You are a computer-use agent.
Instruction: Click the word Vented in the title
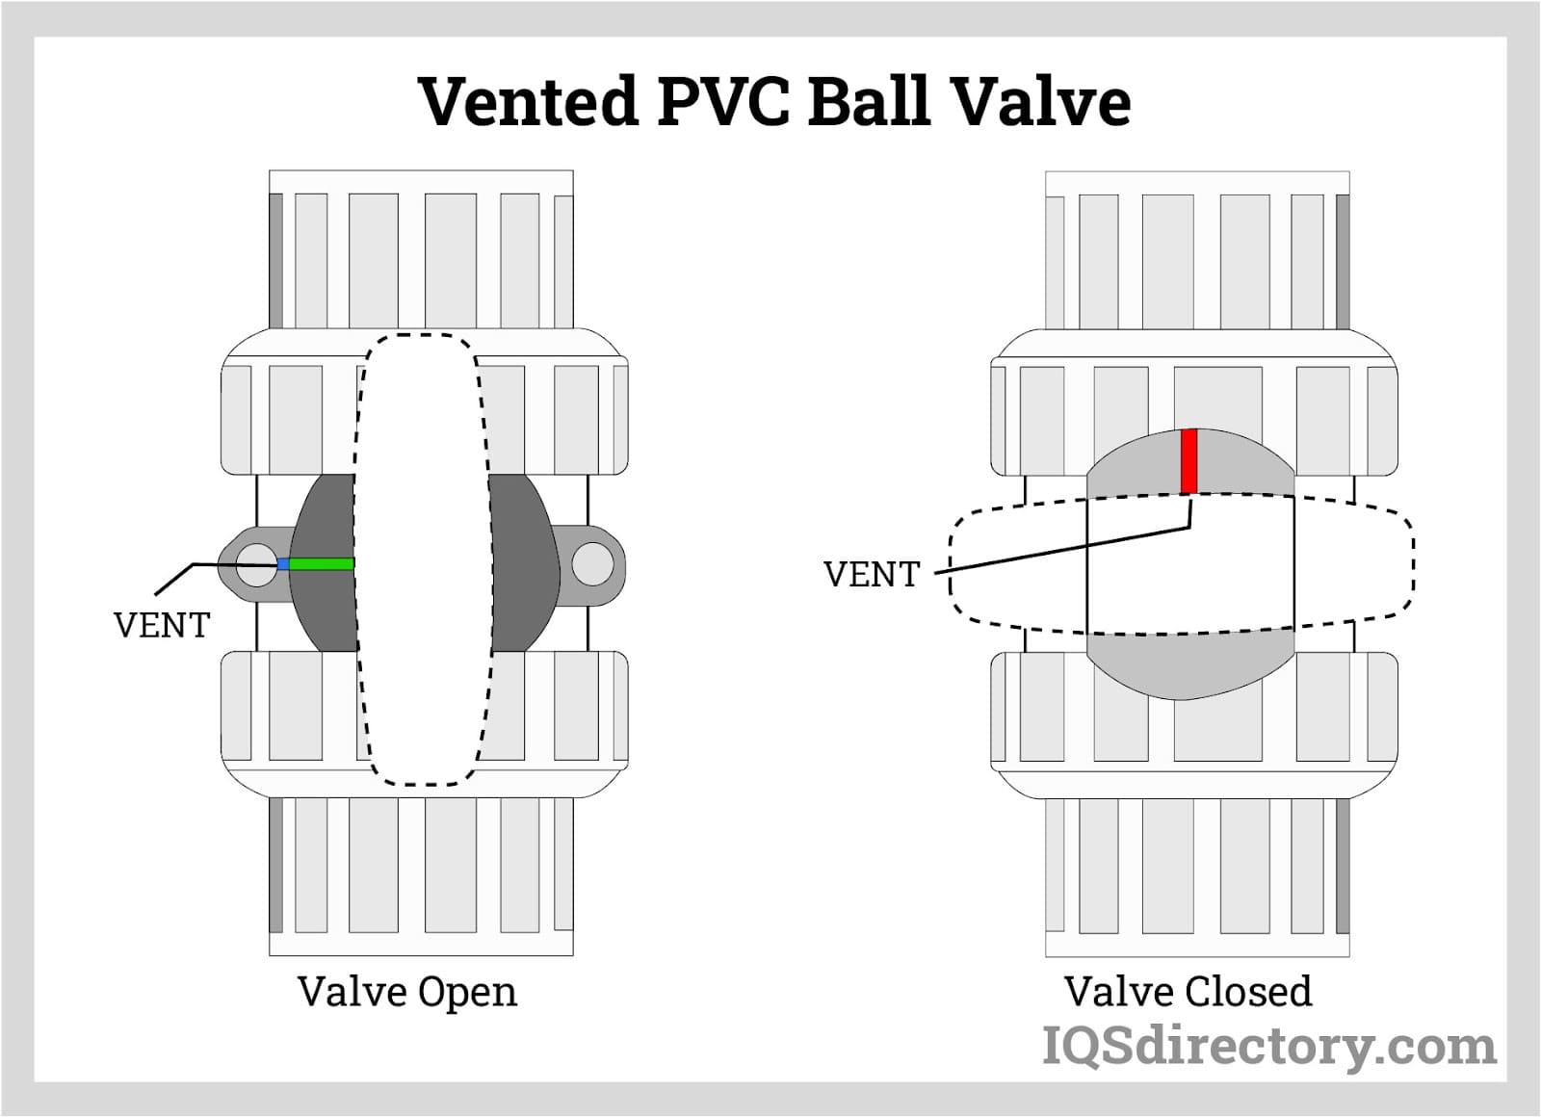pos(529,101)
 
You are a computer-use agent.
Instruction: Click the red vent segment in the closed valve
pos(1188,461)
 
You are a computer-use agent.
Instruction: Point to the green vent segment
pos(322,564)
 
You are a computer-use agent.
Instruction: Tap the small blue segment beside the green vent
pos(283,564)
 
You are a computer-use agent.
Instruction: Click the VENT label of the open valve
pos(161,626)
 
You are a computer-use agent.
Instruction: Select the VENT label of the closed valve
pos(872,575)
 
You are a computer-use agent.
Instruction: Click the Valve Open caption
pos(406,992)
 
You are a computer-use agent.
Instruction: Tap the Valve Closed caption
pos(1188,992)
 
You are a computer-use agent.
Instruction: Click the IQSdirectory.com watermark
pos(1268,1047)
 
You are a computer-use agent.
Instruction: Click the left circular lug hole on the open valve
pos(256,565)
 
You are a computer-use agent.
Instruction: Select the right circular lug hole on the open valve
pos(592,564)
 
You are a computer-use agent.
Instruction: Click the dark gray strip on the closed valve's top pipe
pos(1343,261)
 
